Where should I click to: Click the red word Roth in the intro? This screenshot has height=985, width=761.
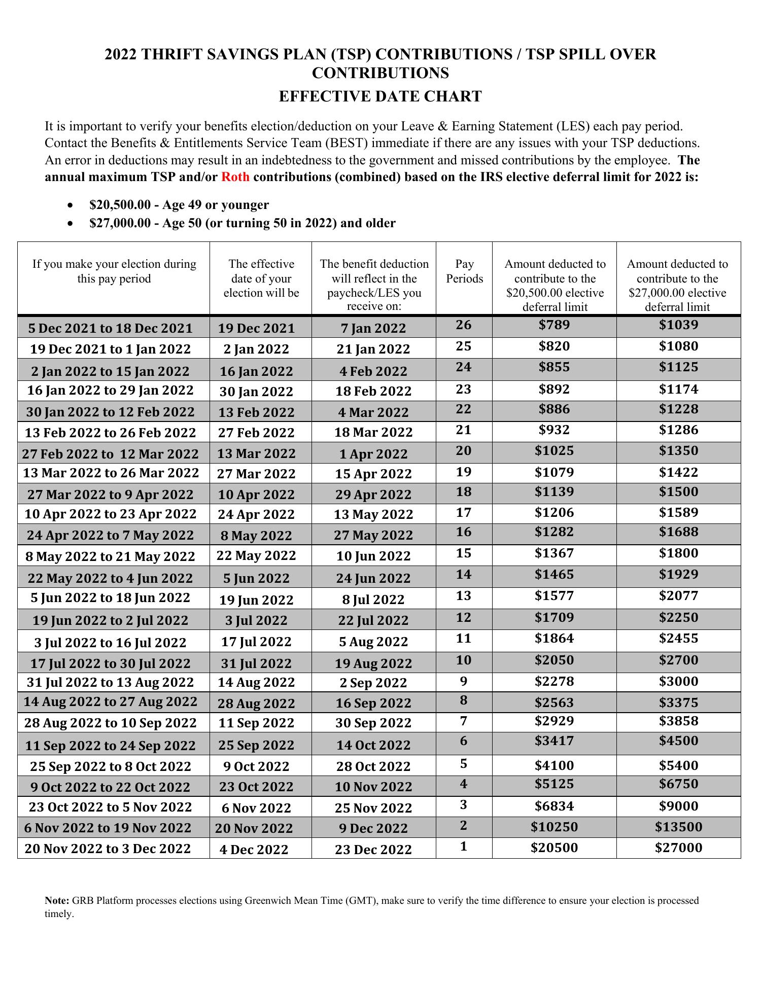[235, 178]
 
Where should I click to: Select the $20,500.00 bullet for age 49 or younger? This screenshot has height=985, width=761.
[179, 205]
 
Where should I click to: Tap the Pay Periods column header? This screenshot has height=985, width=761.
[464, 271]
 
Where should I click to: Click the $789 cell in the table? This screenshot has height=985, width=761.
[554, 325]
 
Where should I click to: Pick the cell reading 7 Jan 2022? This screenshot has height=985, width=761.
[373, 328]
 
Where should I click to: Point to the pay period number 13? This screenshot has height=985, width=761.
[464, 596]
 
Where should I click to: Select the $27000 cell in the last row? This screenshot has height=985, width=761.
[678, 848]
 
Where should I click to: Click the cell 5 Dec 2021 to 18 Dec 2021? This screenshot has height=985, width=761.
[111, 328]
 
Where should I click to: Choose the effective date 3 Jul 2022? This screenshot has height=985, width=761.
[256, 621]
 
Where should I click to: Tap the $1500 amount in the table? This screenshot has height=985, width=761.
[678, 492]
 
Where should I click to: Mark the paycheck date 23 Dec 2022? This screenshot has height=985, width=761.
[373, 850]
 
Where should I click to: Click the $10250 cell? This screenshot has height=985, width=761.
[554, 827]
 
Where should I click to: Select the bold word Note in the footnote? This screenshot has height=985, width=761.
[57, 900]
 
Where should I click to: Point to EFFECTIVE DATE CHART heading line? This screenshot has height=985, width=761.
[380, 96]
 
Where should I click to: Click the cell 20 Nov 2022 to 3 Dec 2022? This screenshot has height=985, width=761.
[108, 849]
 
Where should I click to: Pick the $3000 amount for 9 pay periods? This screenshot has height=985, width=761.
[678, 682]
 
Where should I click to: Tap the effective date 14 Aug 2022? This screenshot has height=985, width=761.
[256, 683]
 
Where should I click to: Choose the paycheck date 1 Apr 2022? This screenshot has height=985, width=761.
[373, 454]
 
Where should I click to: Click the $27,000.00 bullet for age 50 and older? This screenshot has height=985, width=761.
[242, 223]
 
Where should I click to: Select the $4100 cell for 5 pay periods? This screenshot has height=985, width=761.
[554, 765]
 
